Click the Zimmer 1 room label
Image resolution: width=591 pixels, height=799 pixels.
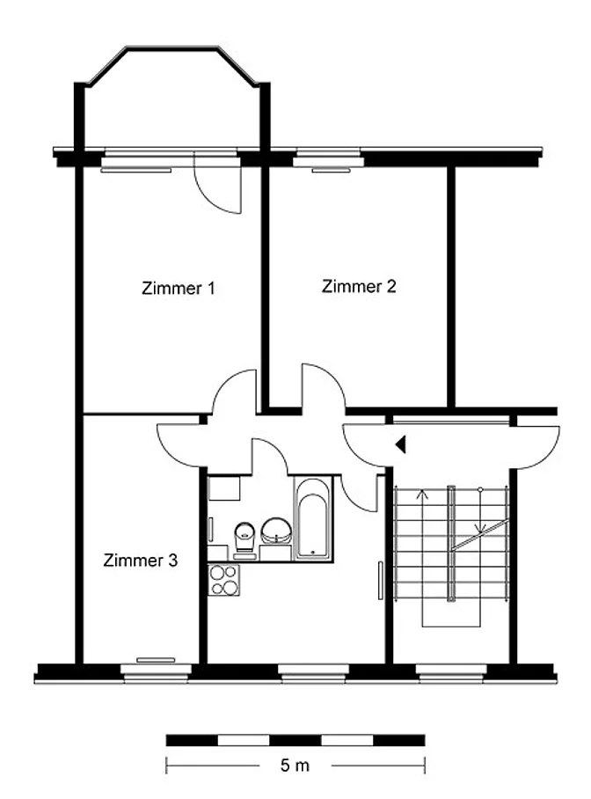pos(179,289)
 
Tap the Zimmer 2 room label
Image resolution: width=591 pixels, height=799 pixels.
pos(359,286)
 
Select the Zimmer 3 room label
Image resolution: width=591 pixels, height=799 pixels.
pos(141,561)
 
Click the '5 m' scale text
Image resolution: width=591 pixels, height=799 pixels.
pos(295,765)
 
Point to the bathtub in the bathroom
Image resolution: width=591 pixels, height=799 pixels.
pos(313,518)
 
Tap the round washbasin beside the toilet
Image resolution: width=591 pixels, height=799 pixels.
pos(277,531)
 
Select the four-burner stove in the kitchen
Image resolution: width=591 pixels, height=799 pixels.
pos(223,580)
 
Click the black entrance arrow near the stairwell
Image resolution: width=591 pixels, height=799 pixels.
pos(400,444)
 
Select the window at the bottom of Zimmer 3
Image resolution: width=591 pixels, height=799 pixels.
pos(156,672)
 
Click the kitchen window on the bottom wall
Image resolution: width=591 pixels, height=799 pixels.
pos(313,672)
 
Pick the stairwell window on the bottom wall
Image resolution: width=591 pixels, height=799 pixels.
pos(451,672)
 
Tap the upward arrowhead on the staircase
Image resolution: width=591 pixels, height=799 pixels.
pos(422,494)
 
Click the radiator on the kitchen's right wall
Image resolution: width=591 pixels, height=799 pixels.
pos(380,581)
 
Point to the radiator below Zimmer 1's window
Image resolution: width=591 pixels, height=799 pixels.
pos(136,171)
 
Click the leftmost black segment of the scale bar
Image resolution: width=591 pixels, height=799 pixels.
pos(192,740)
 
